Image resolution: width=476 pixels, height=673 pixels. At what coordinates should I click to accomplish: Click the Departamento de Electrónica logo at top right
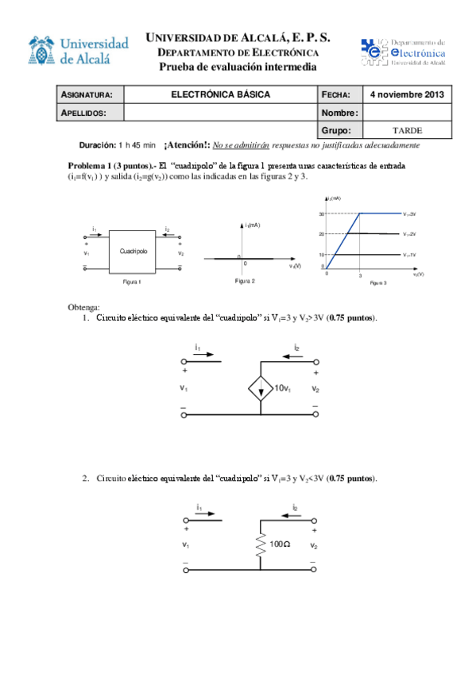click(x=404, y=51)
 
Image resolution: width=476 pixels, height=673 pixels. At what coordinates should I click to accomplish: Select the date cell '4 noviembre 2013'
click(x=408, y=94)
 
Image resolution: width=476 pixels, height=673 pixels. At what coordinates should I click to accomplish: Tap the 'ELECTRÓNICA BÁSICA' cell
click(x=221, y=94)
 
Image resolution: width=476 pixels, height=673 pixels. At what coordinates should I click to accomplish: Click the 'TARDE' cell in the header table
click(x=408, y=130)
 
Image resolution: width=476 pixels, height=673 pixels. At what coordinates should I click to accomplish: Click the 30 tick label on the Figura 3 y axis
click(x=323, y=214)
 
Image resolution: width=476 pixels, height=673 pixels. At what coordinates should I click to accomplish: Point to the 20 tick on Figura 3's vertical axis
click(x=323, y=234)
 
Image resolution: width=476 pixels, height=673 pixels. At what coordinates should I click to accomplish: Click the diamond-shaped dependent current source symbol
click(x=260, y=388)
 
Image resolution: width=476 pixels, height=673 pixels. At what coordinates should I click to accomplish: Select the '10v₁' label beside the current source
click(x=283, y=388)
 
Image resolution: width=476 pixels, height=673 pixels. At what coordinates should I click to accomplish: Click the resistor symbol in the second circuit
click(x=260, y=544)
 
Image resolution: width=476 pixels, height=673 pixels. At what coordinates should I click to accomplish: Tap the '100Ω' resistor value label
click(x=281, y=544)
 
